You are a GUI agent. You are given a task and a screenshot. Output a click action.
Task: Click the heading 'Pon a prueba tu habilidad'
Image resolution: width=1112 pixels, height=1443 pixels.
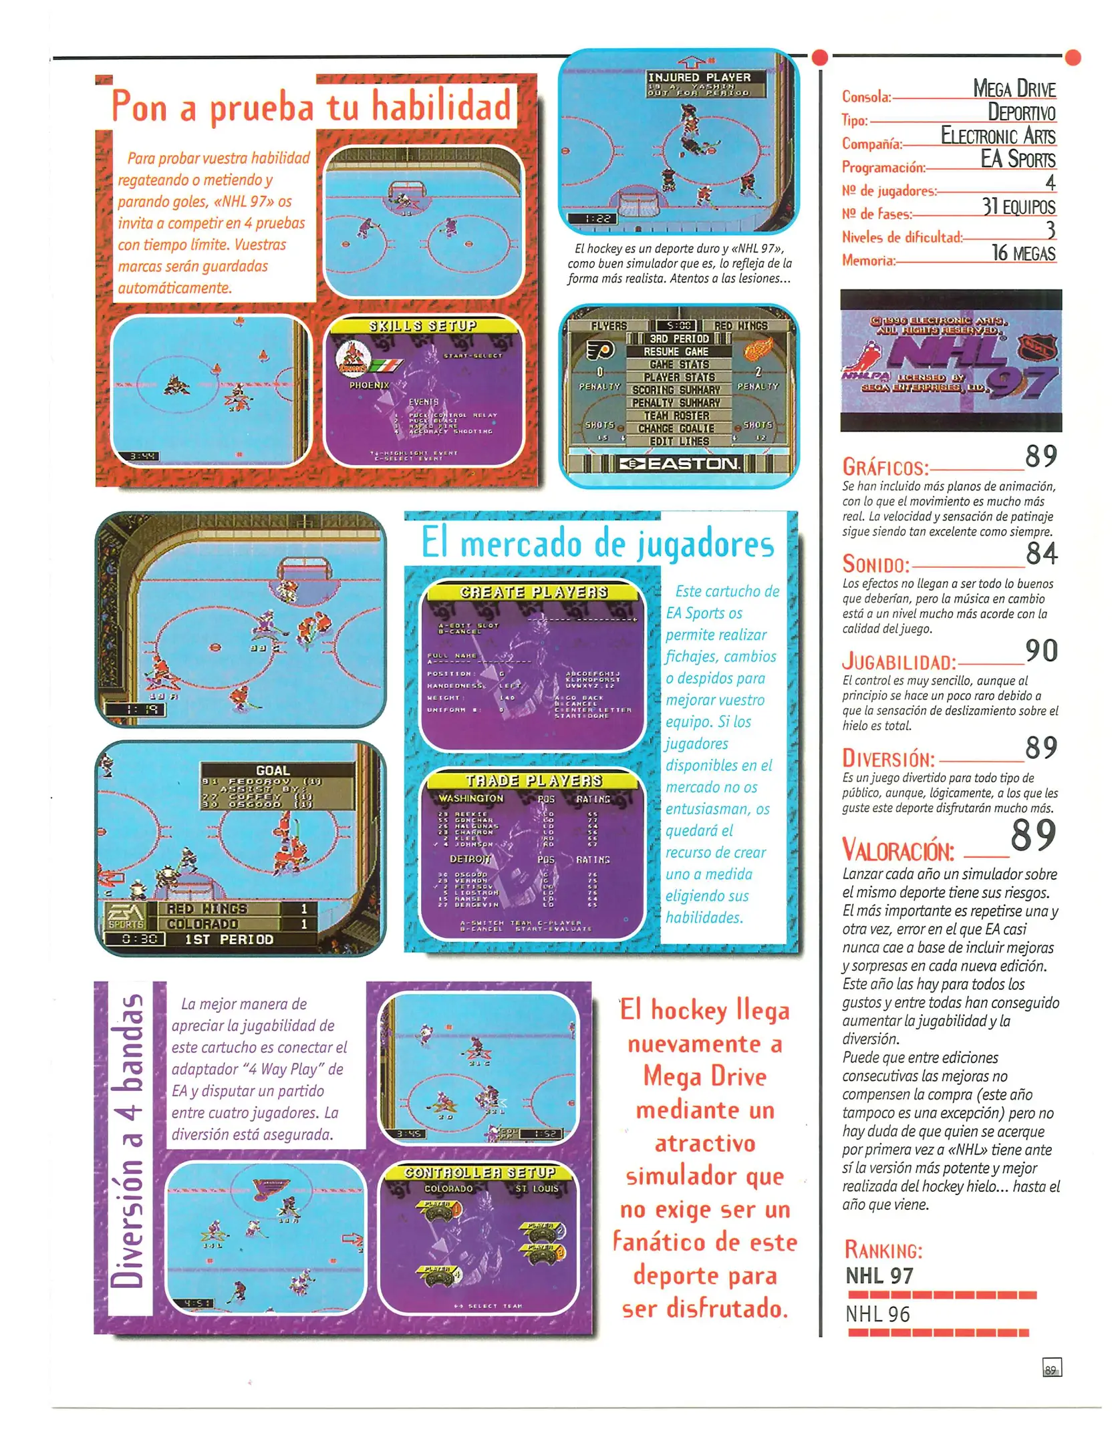[311, 106]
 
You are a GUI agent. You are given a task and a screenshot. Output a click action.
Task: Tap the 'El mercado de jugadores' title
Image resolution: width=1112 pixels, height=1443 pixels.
[597, 542]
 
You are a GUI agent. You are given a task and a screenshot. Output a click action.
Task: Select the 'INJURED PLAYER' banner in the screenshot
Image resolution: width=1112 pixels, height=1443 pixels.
[698, 77]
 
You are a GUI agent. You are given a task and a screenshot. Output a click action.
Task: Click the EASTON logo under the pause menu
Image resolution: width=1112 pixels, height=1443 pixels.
[680, 464]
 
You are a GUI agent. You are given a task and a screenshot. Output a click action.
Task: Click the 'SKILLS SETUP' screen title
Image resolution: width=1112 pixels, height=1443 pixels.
[423, 326]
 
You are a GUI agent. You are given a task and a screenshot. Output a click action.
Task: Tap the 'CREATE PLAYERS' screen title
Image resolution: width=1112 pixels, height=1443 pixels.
[533, 593]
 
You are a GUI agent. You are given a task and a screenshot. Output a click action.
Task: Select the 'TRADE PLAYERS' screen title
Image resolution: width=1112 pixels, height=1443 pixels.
[533, 780]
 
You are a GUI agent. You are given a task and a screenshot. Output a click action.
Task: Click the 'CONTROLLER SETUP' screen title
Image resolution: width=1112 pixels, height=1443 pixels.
[479, 1172]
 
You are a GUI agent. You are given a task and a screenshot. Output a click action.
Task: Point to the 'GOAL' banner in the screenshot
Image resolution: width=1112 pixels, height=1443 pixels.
[273, 770]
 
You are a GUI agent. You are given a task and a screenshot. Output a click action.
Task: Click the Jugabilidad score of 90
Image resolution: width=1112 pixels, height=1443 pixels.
[1041, 651]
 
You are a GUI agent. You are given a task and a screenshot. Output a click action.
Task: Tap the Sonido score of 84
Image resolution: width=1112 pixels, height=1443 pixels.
[1041, 554]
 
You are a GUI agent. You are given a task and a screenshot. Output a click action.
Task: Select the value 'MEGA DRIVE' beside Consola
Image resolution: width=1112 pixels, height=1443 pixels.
[1013, 89]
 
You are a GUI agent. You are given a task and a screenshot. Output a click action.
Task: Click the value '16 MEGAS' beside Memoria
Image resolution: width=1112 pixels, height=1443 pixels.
[1023, 253]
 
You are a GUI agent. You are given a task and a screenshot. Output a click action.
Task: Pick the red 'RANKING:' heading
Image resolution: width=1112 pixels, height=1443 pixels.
[883, 1250]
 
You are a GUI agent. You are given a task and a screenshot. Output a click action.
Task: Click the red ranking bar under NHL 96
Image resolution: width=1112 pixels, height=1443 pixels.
[938, 1333]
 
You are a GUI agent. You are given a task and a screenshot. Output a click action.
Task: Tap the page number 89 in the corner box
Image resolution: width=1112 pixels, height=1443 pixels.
[1051, 1368]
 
